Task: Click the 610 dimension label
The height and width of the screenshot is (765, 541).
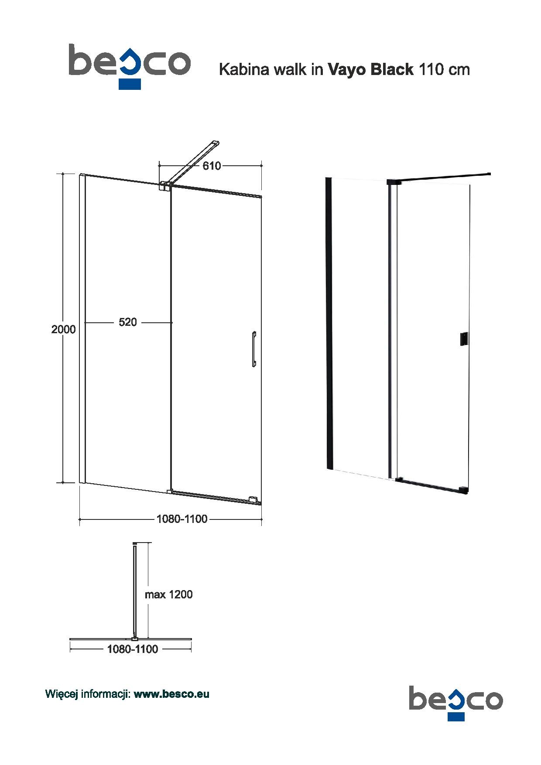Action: (x=212, y=166)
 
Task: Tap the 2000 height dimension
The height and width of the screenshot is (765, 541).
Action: (x=64, y=329)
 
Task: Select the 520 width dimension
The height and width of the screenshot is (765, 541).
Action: (x=128, y=322)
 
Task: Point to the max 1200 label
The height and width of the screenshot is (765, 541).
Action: (x=168, y=594)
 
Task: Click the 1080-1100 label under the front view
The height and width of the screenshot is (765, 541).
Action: (x=182, y=519)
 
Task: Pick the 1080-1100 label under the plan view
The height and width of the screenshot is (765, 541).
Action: (x=133, y=649)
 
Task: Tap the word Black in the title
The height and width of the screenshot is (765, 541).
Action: (x=392, y=69)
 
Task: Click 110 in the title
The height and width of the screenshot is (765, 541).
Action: (x=429, y=69)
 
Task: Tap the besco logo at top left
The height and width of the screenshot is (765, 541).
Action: (x=130, y=65)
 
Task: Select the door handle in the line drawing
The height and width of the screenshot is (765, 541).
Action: (x=253, y=349)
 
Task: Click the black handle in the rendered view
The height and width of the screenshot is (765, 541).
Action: (x=464, y=340)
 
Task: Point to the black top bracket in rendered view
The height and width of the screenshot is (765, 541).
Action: (x=393, y=182)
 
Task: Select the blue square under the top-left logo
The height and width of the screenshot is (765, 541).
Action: (x=130, y=84)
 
